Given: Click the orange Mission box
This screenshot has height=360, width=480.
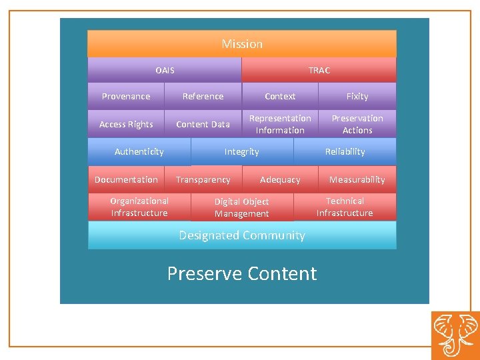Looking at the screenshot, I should [x=242, y=44].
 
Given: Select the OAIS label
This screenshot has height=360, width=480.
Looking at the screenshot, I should [x=165, y=70].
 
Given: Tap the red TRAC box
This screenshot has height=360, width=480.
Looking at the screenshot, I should [x=319, y=70].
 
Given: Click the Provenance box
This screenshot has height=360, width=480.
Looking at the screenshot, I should [x=126, y=97].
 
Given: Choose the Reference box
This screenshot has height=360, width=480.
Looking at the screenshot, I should [x=203, y=97].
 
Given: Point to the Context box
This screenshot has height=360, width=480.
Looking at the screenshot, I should [x=280, y=97].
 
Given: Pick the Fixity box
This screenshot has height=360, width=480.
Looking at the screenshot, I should [x=357, y=97].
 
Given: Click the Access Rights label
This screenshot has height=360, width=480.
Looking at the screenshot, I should [x=126, y=125].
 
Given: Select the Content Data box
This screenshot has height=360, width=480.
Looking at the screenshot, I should [x=203, y=125].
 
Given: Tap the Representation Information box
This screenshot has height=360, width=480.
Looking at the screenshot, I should [x=280, y=124].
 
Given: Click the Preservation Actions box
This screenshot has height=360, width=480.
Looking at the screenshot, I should [x=357, y=124].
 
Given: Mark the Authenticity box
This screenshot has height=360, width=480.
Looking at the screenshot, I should [x=139, y=152].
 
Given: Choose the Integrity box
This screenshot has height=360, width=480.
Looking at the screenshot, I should [x=241, y=152].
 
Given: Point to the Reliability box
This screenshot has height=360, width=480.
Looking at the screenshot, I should [x=345, y=152].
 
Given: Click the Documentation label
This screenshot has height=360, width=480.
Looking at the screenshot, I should [x=126, y=180].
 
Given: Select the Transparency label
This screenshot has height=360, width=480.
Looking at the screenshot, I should [x=203, y=180].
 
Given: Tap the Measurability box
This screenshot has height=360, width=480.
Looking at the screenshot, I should [x=357, y=180].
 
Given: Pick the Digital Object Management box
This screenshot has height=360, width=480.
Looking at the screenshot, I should [x=241, y=207].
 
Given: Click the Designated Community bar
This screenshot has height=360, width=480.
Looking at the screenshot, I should [x=242, y=235].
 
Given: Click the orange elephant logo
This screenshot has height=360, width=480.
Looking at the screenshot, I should [x=455, y=335].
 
